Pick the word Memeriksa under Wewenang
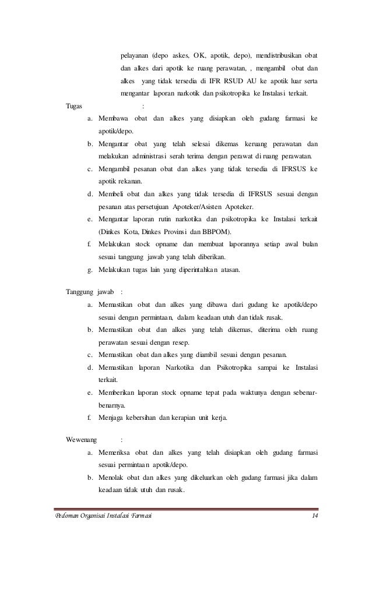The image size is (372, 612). tap(115, 452)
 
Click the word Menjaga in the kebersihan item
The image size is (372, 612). tap(111, 417)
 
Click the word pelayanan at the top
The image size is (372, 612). tap(134, 56)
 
